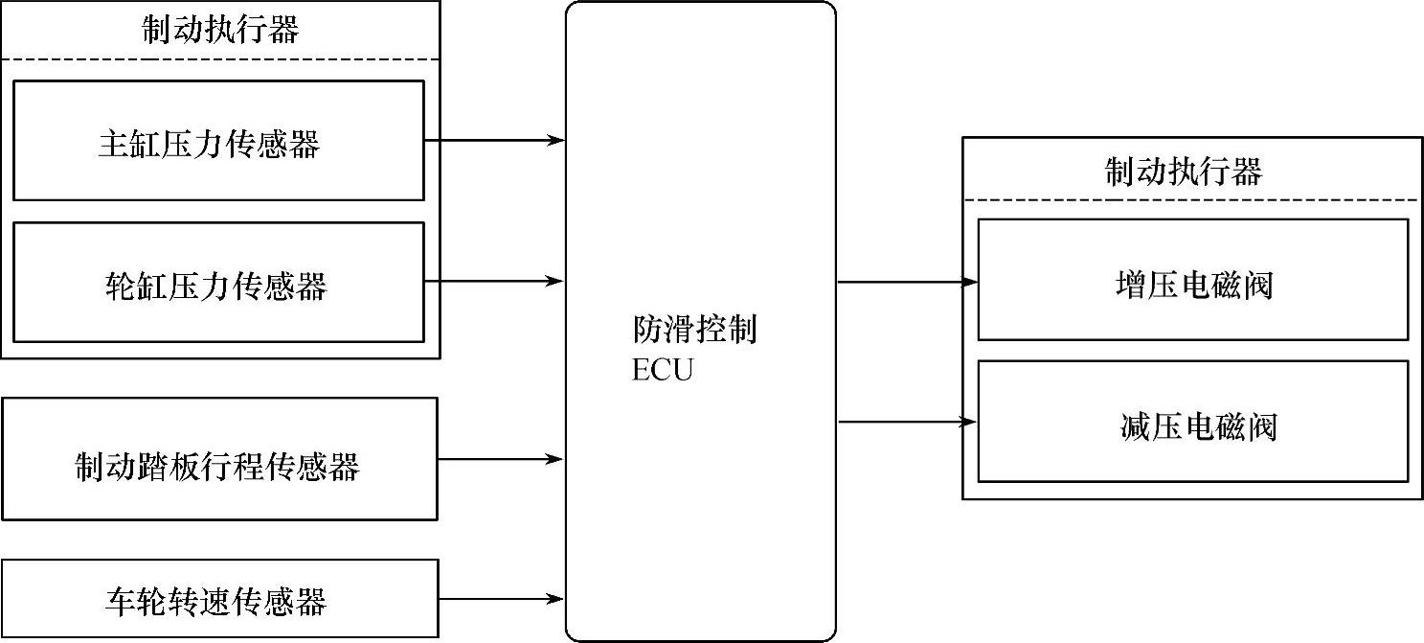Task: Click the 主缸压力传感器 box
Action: click(x=218, y=141)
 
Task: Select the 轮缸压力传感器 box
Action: click(x=218, y=283)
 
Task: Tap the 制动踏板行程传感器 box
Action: click(x=219, y=460)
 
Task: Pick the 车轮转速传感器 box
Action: click(x=219, y=600)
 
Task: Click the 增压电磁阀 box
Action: click(x=1192, y=280)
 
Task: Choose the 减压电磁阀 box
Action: click(x=1192, y=422)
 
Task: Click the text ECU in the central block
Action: click(x=661, y=371)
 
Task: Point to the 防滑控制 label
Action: click(x=694, y=331)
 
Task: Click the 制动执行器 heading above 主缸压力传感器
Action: click(x=220, y=30)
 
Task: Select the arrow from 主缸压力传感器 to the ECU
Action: click(x=493, y=141)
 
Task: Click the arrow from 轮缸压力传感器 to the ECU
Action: click(x=493, y=281)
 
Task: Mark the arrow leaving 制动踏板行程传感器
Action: click(x=500, y=460)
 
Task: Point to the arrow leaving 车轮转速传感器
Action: click(x=500, y=600)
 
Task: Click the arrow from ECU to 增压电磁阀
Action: click(x=907, y=282)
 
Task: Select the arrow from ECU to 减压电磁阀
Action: click(x=907, y=422)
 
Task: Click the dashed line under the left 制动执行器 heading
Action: click(x=220, y=59)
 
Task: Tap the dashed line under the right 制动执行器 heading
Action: click(x=1191, y=200)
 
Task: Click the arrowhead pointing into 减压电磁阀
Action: click(x=969, y=422)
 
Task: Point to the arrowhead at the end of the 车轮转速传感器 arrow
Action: click(x=554, y=600)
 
